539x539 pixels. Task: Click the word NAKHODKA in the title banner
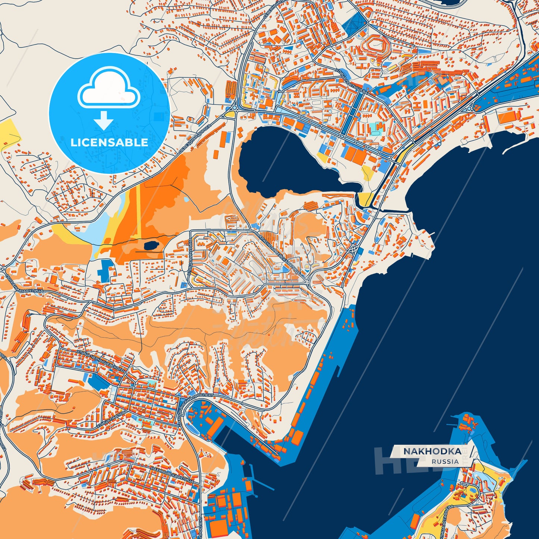click(x=432, y=451)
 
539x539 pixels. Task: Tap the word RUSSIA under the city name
click(x=445, y=461)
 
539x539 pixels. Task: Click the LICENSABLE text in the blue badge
click(x=109, y=142)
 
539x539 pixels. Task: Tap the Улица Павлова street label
click(x=112, y=419)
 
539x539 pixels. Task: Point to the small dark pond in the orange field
click(x=150, y=245)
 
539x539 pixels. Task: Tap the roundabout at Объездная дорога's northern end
click(x=232, y=113)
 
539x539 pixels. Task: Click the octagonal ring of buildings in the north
click(x=377, y=47)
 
